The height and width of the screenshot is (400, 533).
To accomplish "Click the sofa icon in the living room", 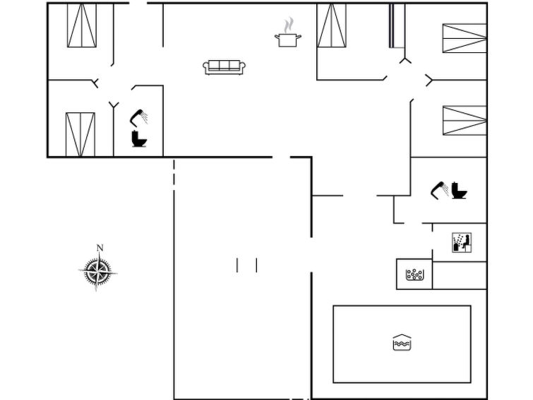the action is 224,66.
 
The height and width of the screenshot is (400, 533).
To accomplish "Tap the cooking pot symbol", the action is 288,40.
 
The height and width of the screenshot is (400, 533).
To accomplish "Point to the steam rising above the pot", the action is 289,25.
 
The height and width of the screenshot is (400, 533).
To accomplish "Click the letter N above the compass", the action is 100,248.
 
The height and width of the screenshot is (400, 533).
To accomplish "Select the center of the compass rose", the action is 98,272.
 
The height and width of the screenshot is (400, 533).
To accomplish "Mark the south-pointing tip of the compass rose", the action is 96,290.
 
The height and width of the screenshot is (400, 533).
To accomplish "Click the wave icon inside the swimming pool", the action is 402,343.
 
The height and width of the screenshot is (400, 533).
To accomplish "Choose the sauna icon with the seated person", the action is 462,242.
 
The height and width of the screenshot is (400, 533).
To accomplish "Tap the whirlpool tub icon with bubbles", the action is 414,274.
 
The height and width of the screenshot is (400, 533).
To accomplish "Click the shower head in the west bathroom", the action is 138,118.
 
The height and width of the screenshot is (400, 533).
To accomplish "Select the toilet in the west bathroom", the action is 139,139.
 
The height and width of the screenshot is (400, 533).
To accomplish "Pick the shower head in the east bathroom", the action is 440,190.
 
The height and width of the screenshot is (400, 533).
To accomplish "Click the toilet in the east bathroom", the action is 459,190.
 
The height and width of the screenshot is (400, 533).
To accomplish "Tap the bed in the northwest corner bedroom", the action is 82,25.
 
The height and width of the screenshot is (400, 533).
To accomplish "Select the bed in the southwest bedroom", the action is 80,135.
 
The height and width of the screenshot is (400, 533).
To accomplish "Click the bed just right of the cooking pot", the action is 331,25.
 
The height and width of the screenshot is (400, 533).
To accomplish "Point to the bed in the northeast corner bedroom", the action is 465,38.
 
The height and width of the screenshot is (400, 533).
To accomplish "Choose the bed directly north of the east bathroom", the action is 465,121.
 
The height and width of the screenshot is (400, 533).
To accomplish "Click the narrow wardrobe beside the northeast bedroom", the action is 397,25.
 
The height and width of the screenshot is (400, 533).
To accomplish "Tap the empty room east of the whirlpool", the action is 460,276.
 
